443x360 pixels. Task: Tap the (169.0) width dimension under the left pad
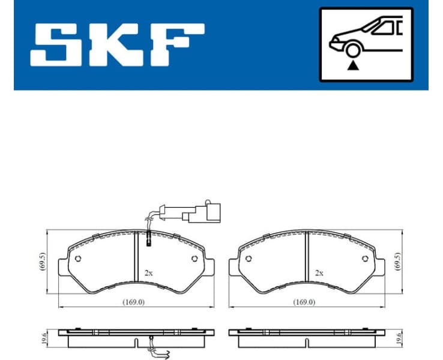coord(133,302)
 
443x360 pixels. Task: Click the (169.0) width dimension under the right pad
coord(304,302)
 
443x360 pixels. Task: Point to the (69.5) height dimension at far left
coord(41,262)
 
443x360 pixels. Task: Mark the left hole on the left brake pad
coord(79,259)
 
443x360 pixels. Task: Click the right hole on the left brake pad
coord(194,259)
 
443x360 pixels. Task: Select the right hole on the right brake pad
coord(365,259)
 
